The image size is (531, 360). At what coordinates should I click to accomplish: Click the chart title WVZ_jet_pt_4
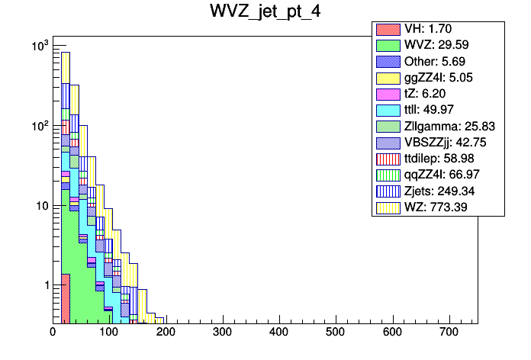[265, 12]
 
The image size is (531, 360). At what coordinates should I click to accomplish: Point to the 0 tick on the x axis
[53, 332]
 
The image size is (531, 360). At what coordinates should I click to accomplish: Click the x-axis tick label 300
[222, 332]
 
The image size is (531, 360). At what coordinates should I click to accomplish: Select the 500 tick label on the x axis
[336, 332]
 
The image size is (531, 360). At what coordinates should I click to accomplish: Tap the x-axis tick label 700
[449, 332]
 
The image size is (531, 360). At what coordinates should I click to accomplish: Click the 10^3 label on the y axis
[38, 47]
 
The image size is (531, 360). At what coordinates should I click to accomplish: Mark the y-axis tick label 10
[39, 206]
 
